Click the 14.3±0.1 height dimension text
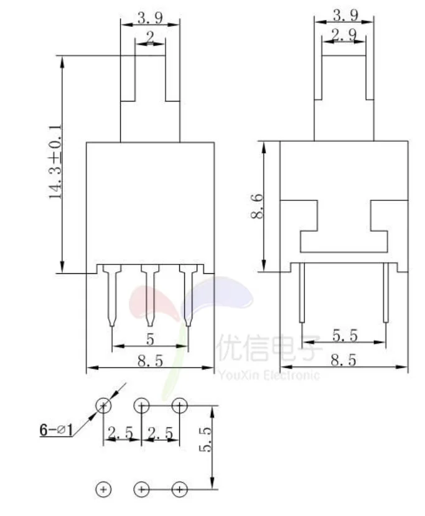pyautogui.click(x=55, y=162)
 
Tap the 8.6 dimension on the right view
pyautogui.click(x=257, y=206)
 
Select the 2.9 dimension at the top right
pyautogui.click(x=343, y=35)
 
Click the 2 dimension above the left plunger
pyautogui.click(x=150, y=37)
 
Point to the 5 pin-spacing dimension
pyautogui.click(x=150, y=339)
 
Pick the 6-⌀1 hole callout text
pyautogui.click(x=56, y=429)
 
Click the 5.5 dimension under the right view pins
pyautogui.click(x=344, y=335)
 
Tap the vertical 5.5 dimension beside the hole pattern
pyautogui.click(x=205, y=439)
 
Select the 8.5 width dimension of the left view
pyautogui.click(x=150, y=361)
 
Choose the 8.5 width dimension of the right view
pyautogui.click(x=343, y=360)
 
